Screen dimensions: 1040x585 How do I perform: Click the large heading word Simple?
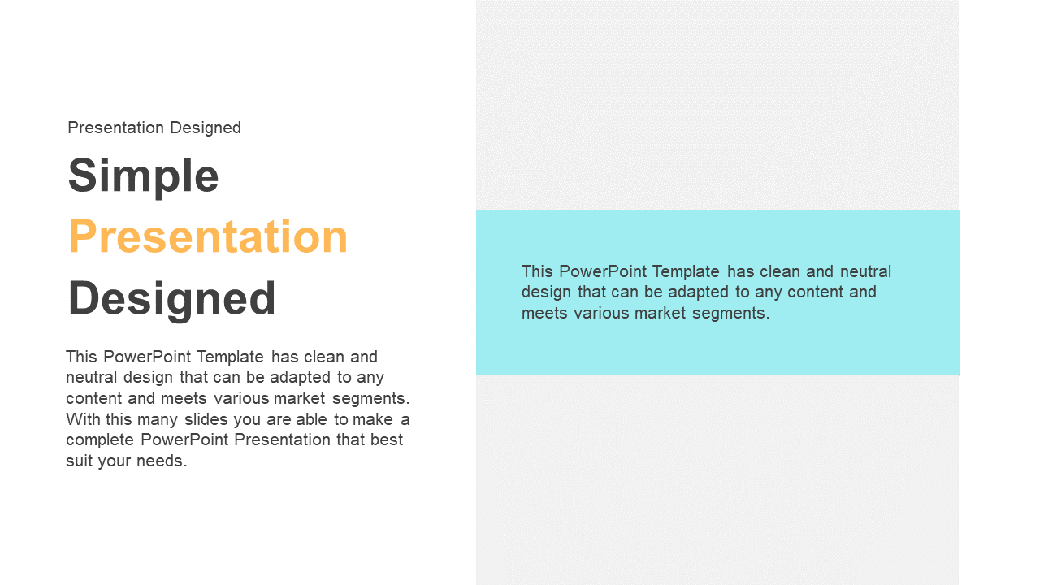(x=144, y=177)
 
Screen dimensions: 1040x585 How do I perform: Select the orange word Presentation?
(x=208, y=236)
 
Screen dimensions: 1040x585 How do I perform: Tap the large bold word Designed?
(x=171, y=300)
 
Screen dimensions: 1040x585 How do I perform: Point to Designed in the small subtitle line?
(x=206, y=128)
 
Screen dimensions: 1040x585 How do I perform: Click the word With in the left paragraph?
(x=83, y=419)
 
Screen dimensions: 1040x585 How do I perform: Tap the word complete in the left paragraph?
(x=100, y=440)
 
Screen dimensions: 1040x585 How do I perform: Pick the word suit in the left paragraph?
(x=79, y=461)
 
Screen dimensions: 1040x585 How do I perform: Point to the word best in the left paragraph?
(x=387, y=440)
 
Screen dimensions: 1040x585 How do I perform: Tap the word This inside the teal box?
(x=537, y=271)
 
